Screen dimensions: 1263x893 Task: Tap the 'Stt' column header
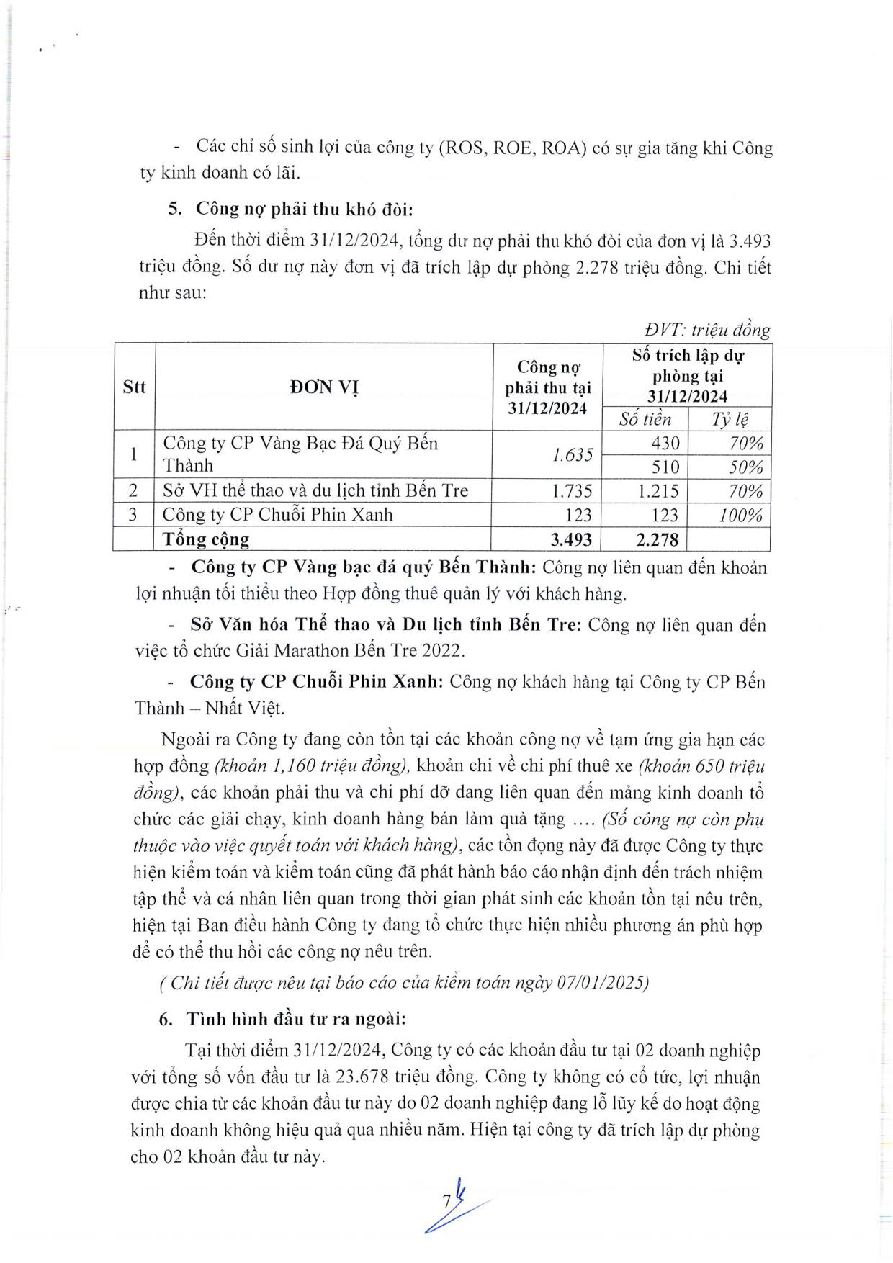(x=134, y=387)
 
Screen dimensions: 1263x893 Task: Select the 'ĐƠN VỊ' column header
(x=324, y=387)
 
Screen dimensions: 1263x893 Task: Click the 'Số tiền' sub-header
(x=645, y=419)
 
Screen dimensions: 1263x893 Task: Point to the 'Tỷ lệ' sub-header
(x=730, y=419)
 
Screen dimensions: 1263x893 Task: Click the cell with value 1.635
(x=573, y=455)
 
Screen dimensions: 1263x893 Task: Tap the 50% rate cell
(x=745, y=467)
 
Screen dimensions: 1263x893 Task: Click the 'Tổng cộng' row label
(x=206, y=539)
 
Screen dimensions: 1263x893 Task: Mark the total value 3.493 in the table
(x=571, y=539)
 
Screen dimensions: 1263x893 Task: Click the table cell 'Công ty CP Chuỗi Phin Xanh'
(x=278, y=515)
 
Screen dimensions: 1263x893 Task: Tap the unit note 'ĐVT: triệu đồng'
(x=707, y=330)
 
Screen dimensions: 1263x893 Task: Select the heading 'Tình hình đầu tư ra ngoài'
(x=296, y=1019)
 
